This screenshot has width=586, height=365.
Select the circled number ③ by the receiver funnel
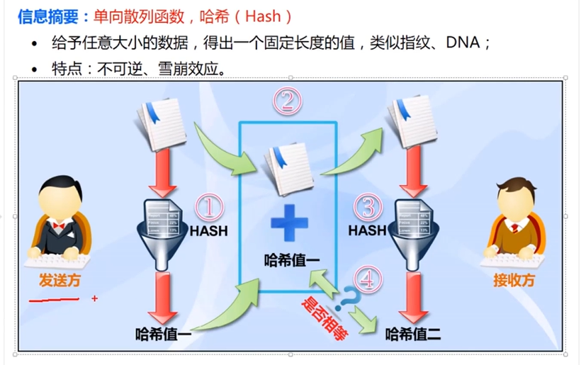(367, 207)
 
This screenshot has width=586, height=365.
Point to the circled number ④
(366, 279)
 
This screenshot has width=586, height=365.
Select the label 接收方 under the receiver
(514, 280)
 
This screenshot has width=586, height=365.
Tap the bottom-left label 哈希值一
(164, 334)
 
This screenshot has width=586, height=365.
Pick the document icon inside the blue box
(288, 169)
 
